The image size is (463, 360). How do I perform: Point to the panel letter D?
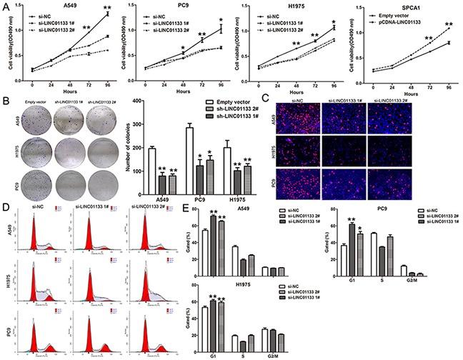[x=5, y=208]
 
